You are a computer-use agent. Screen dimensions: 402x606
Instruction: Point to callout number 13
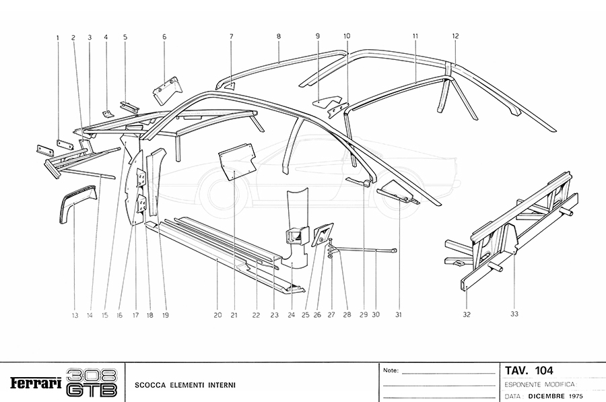point(76,314)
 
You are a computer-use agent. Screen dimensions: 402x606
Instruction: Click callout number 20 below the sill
point(217,314)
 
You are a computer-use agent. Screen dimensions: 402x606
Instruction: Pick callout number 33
point(514,314)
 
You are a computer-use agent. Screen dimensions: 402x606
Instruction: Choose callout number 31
point(399,314)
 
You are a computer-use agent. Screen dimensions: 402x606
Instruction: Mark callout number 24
point(292,314)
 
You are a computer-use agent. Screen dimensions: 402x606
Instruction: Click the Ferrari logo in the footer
point(34,382)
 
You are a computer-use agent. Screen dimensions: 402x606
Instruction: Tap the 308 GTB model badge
point(93,382)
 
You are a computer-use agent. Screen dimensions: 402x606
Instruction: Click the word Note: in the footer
point(391,370)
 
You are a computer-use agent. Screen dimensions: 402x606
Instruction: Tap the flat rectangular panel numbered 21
point(236,162)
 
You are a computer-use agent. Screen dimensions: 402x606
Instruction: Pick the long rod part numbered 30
point(367,250)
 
